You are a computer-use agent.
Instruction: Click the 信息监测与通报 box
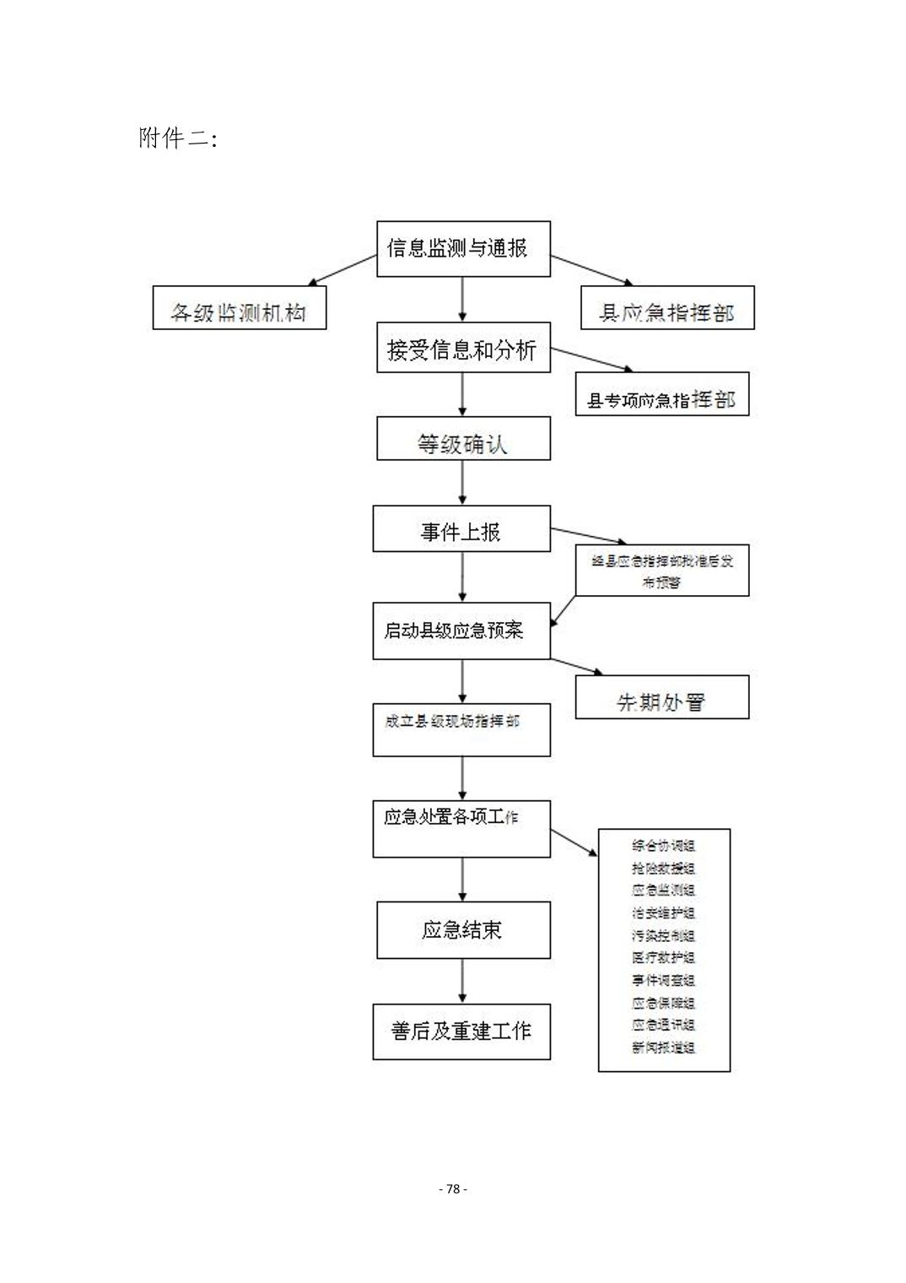(x=463, y=249)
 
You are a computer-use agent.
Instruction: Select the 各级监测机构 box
(x=239, y=307)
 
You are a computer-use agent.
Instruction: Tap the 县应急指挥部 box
(x=666, y=307)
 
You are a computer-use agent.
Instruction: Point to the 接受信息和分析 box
(x=463, y=348)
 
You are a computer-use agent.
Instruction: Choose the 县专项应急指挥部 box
(x=661, y=394)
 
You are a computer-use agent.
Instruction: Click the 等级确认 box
(x=463, y=439)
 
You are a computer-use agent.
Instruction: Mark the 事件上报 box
(x=461, y=529)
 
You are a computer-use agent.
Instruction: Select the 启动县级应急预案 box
(x=461, y=631)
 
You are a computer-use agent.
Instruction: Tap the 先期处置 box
(x=661, y=697)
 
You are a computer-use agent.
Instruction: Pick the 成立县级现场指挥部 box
(x=461, y=729)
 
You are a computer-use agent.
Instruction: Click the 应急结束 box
(x=463, y=930)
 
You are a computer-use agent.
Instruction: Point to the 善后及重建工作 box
(x=461, y=1031)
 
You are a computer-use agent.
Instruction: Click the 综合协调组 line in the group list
(x=664, y=846)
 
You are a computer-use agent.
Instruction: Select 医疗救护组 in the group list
(x=664, y=958)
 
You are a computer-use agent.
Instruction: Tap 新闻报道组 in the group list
(x=664, y=1048)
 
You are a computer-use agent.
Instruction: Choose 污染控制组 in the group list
(x=664, y=936)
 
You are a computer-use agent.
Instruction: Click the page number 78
(x=453, y=1188)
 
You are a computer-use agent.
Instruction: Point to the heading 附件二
(x=178, y=138)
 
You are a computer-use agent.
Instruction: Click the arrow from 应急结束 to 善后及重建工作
(x=462, y=981)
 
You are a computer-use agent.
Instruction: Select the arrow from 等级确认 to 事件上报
(x=462, y=483)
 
